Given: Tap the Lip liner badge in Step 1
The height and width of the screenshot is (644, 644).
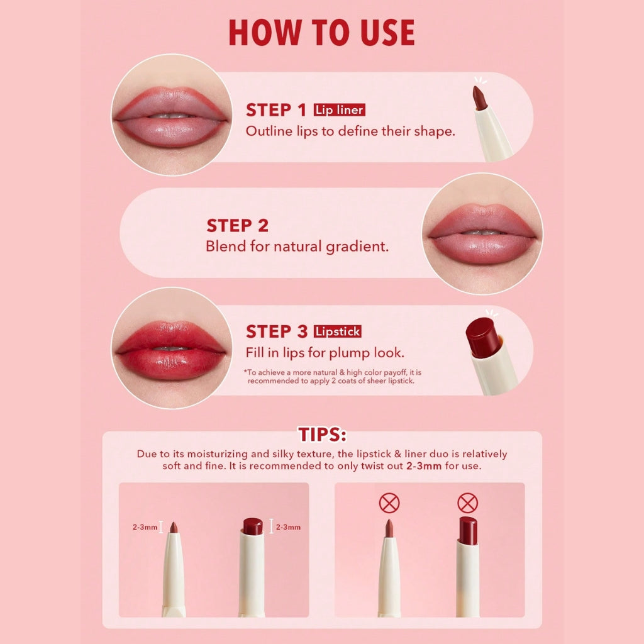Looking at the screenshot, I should pyautogui.click(x=340, y=111).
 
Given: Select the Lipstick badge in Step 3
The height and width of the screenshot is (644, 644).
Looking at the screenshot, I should pyautogui.click(x=338, y=331).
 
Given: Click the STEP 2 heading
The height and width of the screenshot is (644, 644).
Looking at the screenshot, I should pyautogui.click(x=238, y=226).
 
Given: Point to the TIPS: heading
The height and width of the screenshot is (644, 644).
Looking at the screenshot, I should pyautogui.click(x=322, y=435).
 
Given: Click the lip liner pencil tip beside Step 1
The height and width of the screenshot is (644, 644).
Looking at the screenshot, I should pyautogui.click(x=479, y=98).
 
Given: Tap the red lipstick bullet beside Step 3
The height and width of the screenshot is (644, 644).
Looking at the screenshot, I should pyautogui.click(x=482, y=337).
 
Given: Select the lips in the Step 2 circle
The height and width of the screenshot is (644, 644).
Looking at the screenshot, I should pyautogui.click(x=482, y=232).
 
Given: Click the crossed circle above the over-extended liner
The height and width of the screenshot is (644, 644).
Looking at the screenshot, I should pyautogui.click(x=389, y=503).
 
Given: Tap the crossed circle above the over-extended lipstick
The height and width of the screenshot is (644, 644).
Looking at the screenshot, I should pyautogui.click(x=467, y=503).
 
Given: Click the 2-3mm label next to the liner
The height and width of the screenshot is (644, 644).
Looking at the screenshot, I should pyautogui.click(x=145, y=527).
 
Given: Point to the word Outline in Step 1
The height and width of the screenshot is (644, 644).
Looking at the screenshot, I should pyautogui.click(x=267, y=131).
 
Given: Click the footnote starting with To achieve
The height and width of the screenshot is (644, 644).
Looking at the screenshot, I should pyautogui.click(x=332, y=376).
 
